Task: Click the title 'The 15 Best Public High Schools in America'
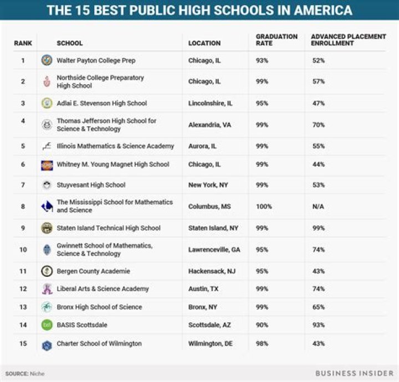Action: point(199,10)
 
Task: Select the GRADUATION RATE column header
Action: point(276,40)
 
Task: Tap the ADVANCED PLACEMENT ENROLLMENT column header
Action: point(348,40)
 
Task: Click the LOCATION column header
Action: point(204,43)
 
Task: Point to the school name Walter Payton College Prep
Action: point(96,60)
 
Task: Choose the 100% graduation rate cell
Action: point(264,207)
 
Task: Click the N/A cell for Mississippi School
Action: point(319,207)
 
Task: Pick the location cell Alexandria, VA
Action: point(209,125)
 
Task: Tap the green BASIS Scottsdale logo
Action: point(47,326)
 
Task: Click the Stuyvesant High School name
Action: point(91,185)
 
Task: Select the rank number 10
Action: point(23,250)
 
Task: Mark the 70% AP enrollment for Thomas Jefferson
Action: point(318,125)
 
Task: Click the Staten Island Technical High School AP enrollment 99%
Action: point(318,228)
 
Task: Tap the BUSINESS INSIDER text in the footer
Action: point(350,374)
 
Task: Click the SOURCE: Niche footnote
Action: point(25,374)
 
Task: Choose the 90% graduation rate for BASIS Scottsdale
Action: point(262,326)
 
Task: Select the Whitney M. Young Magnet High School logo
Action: point(47,165)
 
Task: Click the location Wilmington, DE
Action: point(210,344)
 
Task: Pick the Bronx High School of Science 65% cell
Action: point(318,307)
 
